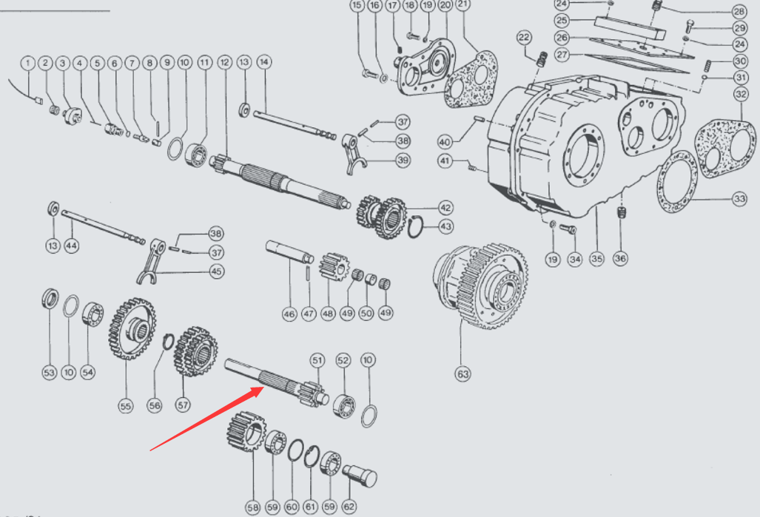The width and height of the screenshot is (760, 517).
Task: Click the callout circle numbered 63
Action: coord(463,374)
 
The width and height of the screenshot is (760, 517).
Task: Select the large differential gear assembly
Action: coord(480,286)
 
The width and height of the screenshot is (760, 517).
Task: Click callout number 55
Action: coord(126,405)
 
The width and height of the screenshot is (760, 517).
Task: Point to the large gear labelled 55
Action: coord(132,328)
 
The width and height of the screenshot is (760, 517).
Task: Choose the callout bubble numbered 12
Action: coord(224,62)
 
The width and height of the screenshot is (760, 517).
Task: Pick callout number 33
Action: coord(739,198)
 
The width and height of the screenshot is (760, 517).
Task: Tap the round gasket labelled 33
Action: coord(678,182)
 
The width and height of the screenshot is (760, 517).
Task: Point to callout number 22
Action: coord(524,37)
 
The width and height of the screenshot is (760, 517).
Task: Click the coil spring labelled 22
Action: coord(542,58)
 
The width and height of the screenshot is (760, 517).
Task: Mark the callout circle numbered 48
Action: coord(328,313)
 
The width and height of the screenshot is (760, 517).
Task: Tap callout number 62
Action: coord(349,507)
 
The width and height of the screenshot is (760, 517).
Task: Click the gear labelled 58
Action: coord(246,430)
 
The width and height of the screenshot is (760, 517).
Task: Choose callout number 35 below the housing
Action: coord(596,258)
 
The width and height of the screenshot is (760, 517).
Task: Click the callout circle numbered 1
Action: coord(27,63)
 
